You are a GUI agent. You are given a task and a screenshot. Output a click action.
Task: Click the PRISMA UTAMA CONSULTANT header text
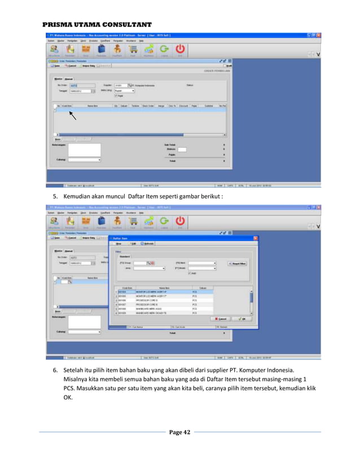[98, 25]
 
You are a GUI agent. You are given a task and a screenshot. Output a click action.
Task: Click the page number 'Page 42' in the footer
[179, 432]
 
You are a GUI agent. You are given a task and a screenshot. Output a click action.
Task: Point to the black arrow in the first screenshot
[72, 116]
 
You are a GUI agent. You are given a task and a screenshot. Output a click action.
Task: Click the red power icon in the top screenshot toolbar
[180, 50]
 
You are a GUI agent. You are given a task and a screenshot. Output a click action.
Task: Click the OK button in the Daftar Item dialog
[242, 318]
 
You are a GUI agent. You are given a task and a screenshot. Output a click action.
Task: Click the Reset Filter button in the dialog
[237, 263]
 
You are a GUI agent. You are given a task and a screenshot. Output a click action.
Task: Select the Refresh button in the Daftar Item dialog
[147, 244]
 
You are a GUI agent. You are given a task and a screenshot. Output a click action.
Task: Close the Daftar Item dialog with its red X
[255, 238]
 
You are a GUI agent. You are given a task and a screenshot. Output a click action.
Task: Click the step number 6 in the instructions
[55, 369]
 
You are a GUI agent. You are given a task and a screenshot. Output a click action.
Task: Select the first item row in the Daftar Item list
[164, 292]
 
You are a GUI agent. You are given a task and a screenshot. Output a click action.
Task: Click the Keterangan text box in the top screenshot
[84, 150]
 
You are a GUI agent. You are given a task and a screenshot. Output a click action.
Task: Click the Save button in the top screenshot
[55, 65]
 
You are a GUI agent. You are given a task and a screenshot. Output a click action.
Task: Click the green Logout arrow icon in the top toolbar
[165, 50]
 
